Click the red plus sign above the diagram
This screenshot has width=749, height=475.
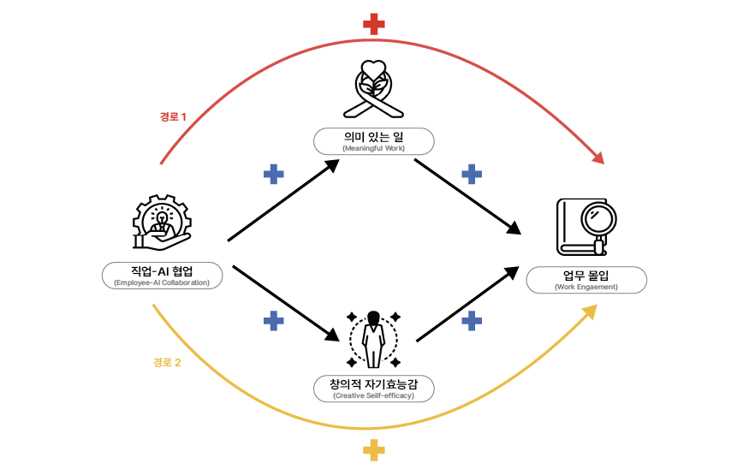coord(373,24)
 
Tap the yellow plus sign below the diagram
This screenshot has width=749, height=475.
coord(373,450)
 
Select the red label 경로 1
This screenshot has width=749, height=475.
coord(173,117)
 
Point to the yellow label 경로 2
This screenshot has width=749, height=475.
coord(167,363)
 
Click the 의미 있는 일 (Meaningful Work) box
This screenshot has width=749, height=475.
coord(373,141)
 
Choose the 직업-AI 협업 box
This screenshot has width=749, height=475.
coord(163,276)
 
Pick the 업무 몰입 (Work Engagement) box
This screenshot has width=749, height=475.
coord(586,280)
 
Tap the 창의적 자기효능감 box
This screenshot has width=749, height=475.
coord(373,389)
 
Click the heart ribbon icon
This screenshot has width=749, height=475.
coord(373,89)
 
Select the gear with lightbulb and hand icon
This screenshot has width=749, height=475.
coord(162,222)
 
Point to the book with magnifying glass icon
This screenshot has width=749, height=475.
coord(586,228)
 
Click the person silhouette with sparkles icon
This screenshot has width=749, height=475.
coord(373,340)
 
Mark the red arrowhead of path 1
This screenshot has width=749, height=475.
coord(599,157)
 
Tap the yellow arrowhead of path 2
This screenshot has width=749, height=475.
coord(591,312)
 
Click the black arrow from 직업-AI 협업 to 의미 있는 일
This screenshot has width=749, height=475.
coord(283,200)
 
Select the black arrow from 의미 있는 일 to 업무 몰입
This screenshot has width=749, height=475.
coord(467,197)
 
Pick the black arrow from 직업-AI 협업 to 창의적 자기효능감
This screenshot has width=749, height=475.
coord(286,303)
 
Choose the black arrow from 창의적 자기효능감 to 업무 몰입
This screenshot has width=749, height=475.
coord(467,304)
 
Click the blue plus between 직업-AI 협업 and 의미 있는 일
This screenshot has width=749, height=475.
coord(274,175)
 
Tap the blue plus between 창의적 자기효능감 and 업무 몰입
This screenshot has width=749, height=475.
coord(472,321)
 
